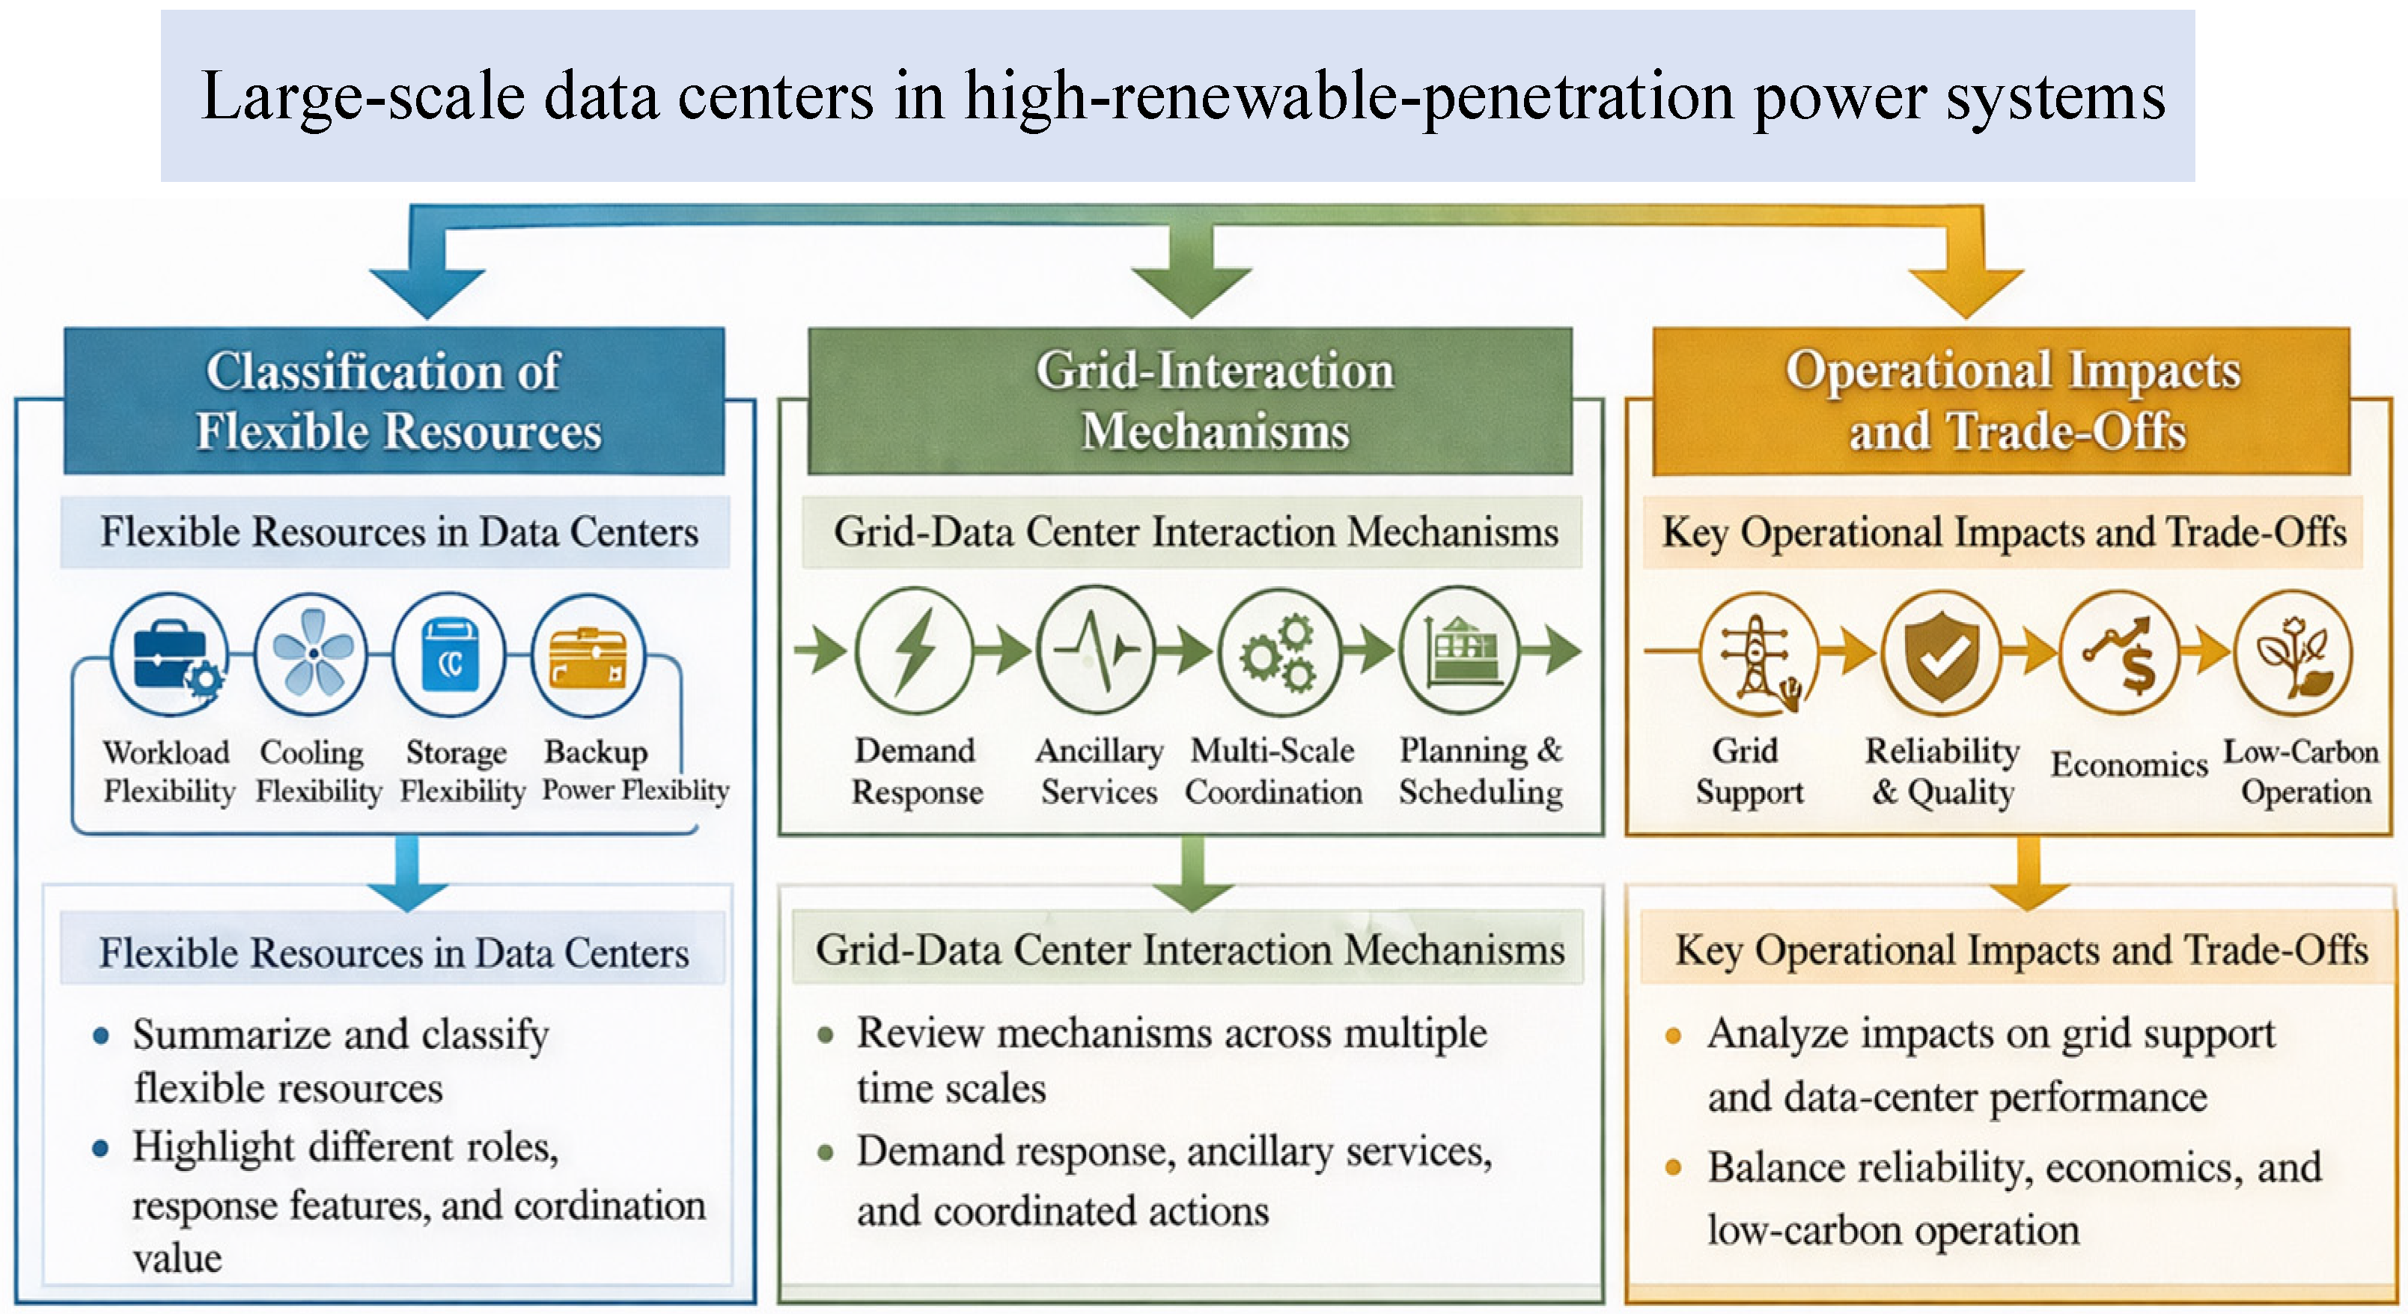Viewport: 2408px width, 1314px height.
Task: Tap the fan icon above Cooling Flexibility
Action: pos(311,654)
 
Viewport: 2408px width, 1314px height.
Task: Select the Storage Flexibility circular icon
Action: pos(450,654)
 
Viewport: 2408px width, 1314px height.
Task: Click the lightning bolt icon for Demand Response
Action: pos(915,651)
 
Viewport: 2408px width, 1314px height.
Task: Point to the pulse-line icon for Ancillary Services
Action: pos(1096,650)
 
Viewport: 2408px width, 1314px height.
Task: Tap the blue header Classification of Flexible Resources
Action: pos(394,401)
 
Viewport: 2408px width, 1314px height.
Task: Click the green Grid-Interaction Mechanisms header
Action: pos(1190,401)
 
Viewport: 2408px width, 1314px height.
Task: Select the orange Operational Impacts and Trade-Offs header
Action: pos(2001,401)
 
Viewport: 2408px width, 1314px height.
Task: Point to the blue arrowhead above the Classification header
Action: pos(427,293)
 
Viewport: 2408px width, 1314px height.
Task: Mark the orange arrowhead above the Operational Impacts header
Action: pos(1966,293)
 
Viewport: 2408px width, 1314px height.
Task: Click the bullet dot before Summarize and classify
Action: pos(101,1035)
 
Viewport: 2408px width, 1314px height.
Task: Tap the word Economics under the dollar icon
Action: pos(2130,765)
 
